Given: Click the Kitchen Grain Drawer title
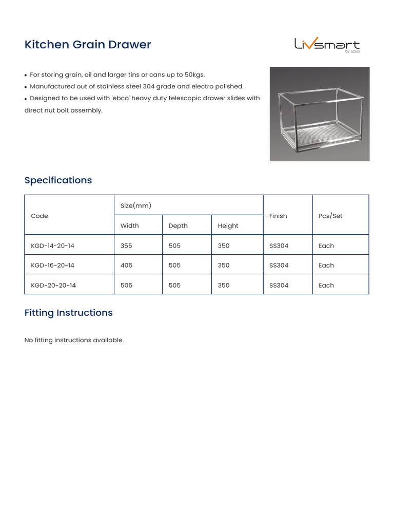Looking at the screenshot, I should tap(88, 45).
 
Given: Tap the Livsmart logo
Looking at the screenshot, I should tap(327, 45).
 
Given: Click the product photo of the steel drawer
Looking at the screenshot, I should tap(319, 114).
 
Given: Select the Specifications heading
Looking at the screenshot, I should tap(58, 180).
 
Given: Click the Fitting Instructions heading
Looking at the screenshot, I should tap(68, 313).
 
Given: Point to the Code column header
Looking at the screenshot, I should tap(40, 216).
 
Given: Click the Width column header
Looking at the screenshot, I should tap(129, 226).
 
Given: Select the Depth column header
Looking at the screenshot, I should tap(178, 226).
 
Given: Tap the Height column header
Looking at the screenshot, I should tap(228, 226).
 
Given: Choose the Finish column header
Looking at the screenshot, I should tap(278, 216).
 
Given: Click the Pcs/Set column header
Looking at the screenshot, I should tap(330, 216).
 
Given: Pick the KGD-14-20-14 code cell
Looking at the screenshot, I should tap(52, 246).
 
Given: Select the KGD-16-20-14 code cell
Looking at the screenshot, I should tap(52, 266).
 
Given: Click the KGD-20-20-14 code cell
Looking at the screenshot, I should tap(53, 285).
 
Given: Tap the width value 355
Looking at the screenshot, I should tap(126, 246).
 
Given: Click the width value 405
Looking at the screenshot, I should tap(126, 266).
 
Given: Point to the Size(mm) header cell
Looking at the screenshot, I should tap(136, 205).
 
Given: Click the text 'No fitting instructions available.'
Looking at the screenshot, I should tap(74, 340).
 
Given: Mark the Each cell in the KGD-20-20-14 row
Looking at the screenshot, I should tap(326, 285).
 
